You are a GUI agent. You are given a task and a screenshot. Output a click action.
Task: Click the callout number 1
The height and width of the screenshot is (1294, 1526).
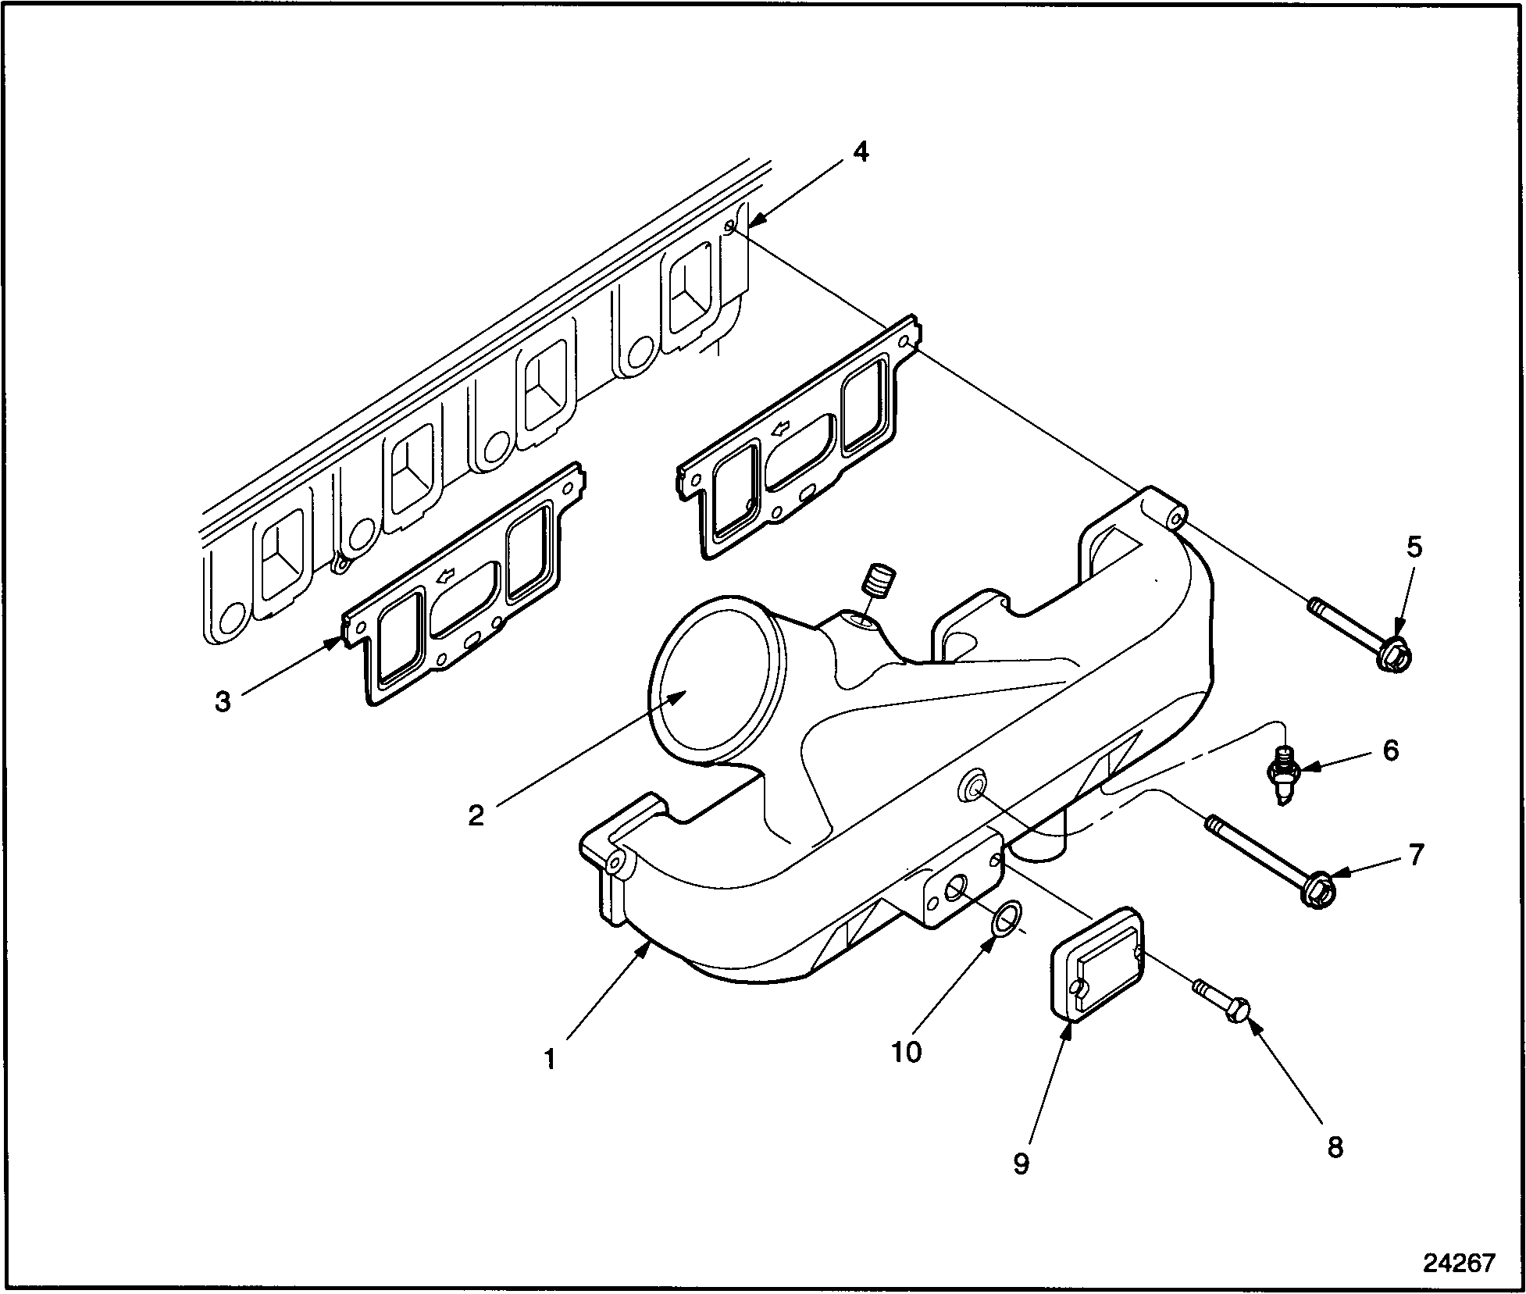pyautogui.click(x=550, y=1059)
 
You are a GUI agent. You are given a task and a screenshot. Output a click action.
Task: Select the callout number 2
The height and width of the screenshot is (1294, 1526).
pyautogui.click(x=476, y=815)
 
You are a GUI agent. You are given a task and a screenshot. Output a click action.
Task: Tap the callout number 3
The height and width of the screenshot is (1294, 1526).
pyautogui.click(x=223, y=701)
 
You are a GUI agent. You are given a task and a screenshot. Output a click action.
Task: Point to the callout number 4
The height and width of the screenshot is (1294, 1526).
pyautogui.click(x=860, y=152)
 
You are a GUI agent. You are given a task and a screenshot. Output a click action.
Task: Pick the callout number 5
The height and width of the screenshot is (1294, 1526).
pyautogui.click(x=1414, y=547)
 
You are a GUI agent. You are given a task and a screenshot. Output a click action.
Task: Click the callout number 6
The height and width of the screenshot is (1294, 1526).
pyautogui.click(x=1391, y=750)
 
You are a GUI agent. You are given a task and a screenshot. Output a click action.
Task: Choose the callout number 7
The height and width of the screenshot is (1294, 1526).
pyautogui.click(x=1417, y=854)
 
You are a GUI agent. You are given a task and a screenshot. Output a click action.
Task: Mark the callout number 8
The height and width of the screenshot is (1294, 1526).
pyautogui.click(x=1335, y=1146)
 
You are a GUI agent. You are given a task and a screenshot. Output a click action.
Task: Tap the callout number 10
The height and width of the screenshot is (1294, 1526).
pyautogui.click(x=907, y=1052)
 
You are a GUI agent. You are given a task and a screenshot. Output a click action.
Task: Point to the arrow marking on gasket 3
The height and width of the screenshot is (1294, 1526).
pyautogui.click(x=447, y=579)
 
